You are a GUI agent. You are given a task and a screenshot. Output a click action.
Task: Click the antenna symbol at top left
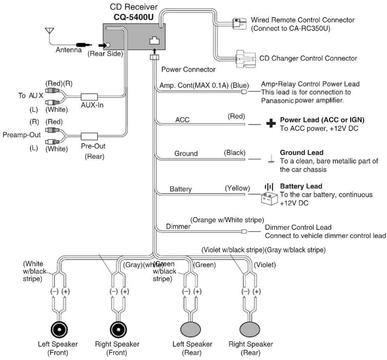pyautogui.click(x=49, y=31)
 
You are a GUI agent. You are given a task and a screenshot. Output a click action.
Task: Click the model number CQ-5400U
pyautogui.click(x=134, y=17)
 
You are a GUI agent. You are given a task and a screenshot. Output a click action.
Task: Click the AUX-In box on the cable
pyautogui.click(x=89, y=97)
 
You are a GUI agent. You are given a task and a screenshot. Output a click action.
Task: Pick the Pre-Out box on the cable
pyautogui.click(x=89, y=136)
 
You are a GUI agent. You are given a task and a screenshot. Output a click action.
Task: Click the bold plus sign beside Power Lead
pyautogui.click(x=271, y=123)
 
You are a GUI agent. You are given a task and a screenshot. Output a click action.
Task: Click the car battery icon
pyautogui.click(x=269, y=199)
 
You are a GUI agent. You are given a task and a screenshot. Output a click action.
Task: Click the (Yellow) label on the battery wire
pyautogui.click(x=237, y=188)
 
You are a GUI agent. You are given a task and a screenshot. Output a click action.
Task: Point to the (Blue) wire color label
pyautogui.click(x=240, y=85)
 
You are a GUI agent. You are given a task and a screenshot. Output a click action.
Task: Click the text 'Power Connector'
pyautogui.click(x=188, y=69)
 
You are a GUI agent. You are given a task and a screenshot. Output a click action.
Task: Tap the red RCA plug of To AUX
pyautogui.click(x=52, y=91)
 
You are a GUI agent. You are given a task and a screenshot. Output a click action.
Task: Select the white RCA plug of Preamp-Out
pyautogui.click(x=52, y=142)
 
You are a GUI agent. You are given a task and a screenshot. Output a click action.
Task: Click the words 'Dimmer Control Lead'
pyautogui.click(x=298, y=227)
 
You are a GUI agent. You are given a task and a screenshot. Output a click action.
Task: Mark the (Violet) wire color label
pyautogui.click(x=265, y=265)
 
